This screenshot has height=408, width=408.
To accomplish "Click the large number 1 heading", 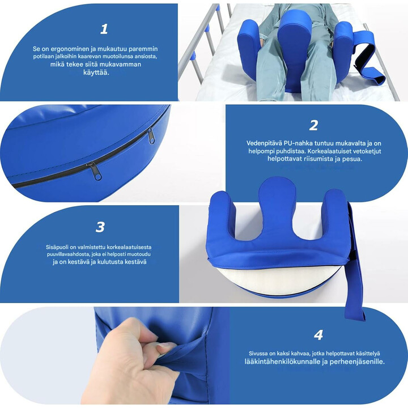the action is (104, 29).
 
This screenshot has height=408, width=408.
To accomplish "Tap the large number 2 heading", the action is (313, 125).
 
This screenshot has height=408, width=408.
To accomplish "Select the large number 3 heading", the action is (100, 227).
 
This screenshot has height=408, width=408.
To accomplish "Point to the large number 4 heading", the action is (318, 335).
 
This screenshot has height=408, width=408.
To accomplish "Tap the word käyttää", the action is (96, 73).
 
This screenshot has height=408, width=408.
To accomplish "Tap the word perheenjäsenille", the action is (357, 362).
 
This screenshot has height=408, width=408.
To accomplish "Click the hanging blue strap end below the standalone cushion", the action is (355, 309).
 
